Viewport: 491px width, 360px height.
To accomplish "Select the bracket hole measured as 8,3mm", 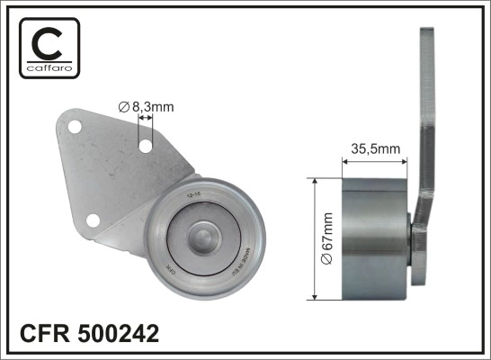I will coord(144,143).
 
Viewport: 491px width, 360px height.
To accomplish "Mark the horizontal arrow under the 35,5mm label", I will coord(375,162).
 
